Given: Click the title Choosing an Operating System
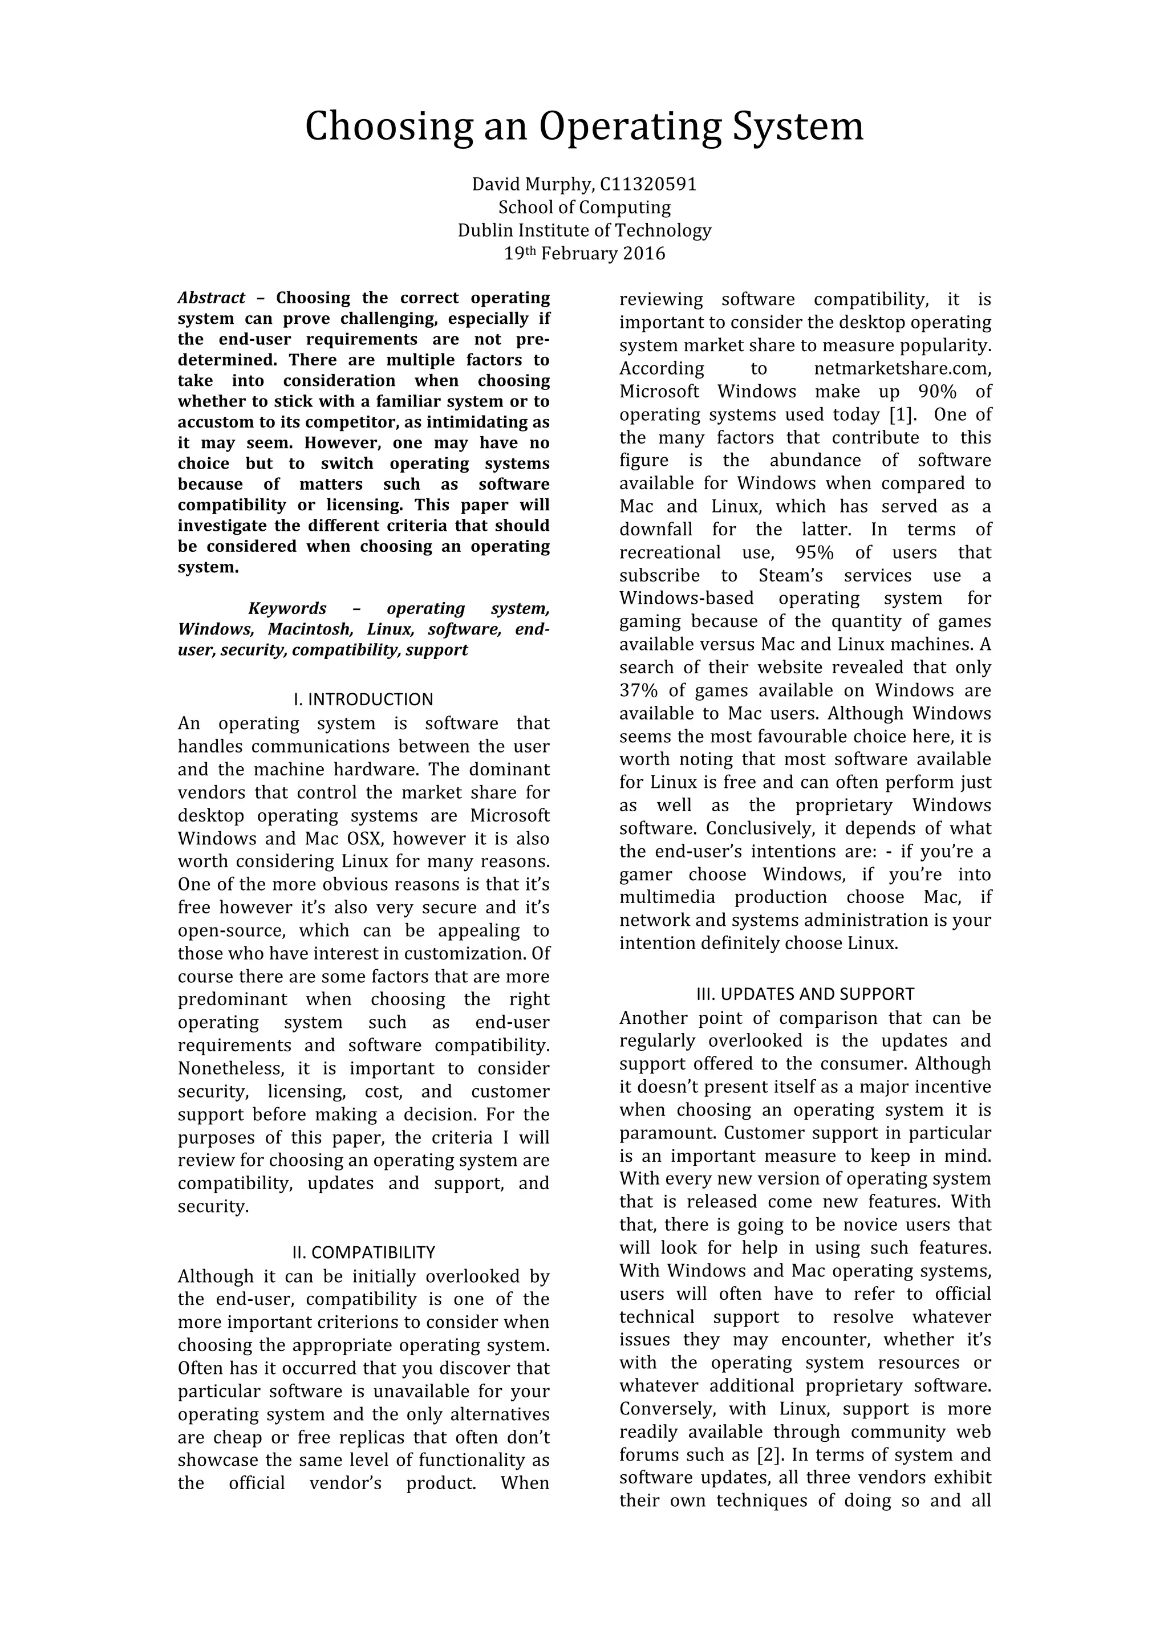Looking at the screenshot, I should (584, 127).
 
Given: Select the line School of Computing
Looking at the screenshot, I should (584, 208).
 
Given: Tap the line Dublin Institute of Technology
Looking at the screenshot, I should (584, 231).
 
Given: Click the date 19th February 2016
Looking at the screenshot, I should (584, 254).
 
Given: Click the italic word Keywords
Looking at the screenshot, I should (287, 608).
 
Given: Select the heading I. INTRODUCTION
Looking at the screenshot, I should (363, 699).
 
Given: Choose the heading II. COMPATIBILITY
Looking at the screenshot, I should (363, 1253).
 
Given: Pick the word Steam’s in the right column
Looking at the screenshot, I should (791, 576).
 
